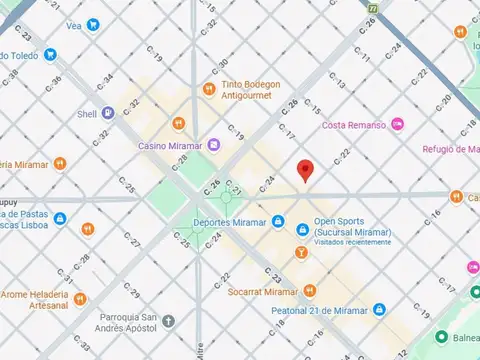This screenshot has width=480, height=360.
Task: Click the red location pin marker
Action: pos(306,170)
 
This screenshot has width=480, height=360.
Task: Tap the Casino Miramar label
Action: pos(170,146)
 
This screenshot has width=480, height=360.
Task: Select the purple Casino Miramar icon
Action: pos(215,146)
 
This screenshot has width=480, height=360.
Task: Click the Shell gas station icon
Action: pos(105,114)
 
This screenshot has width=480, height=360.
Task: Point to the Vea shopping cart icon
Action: pos(93,24)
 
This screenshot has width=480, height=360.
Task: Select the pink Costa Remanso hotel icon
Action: pos(398,124)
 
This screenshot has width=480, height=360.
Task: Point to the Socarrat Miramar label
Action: pos(263,291)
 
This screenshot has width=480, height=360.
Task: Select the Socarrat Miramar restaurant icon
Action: pos(310,291)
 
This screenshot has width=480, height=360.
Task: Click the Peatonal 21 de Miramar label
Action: pos(319,311)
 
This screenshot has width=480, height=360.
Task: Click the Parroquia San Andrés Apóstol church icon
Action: pos(170,321)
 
